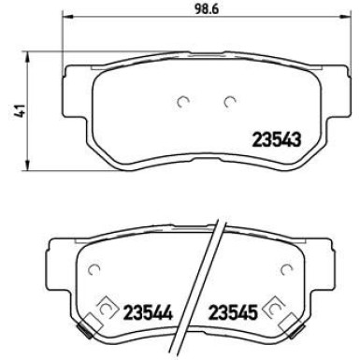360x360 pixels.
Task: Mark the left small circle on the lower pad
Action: [x=94, y=271]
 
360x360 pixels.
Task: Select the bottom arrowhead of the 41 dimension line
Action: [x=23, y=157]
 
